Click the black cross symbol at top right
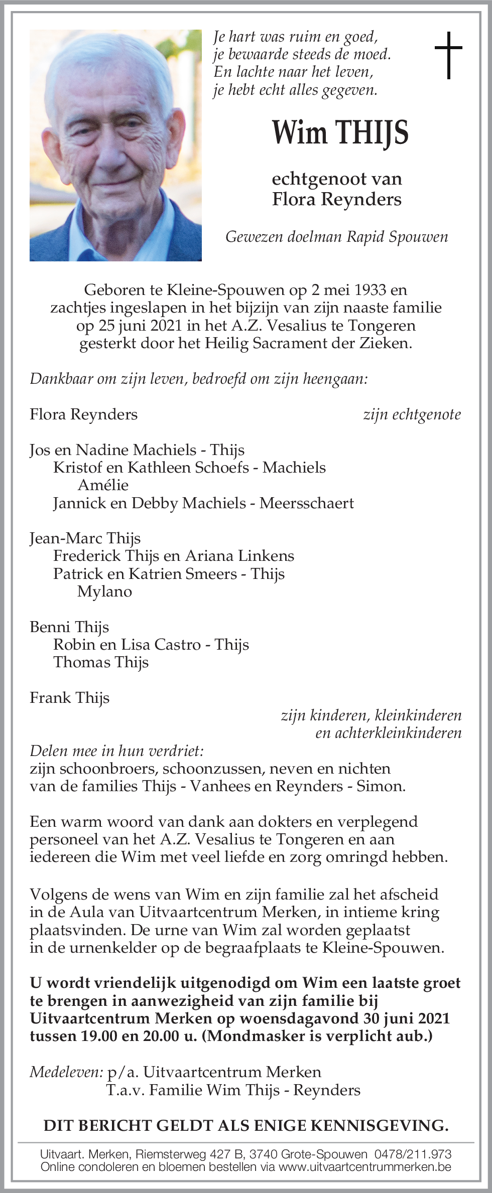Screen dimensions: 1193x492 click(448, 55)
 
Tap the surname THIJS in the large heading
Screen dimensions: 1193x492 click(372, 133)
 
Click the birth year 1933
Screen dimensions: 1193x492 click(370, 290)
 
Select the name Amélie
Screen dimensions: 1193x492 click(103, 485)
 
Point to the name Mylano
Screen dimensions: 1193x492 click(104, 591)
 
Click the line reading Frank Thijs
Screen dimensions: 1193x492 click(69, 698)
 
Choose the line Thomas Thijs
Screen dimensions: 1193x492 click(101, 662)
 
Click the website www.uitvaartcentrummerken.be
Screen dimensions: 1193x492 click(364, 1166)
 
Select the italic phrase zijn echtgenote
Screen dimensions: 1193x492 click(412, 414)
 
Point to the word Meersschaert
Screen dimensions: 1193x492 click(306, 503)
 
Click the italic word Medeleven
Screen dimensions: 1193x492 click(66, 1072)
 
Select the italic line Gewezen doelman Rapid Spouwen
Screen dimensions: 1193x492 click(336, 237)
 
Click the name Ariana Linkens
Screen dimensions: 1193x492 click(239, 556)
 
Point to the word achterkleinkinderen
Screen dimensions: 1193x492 click(388, 733)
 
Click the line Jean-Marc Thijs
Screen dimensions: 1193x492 click(85, 538)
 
